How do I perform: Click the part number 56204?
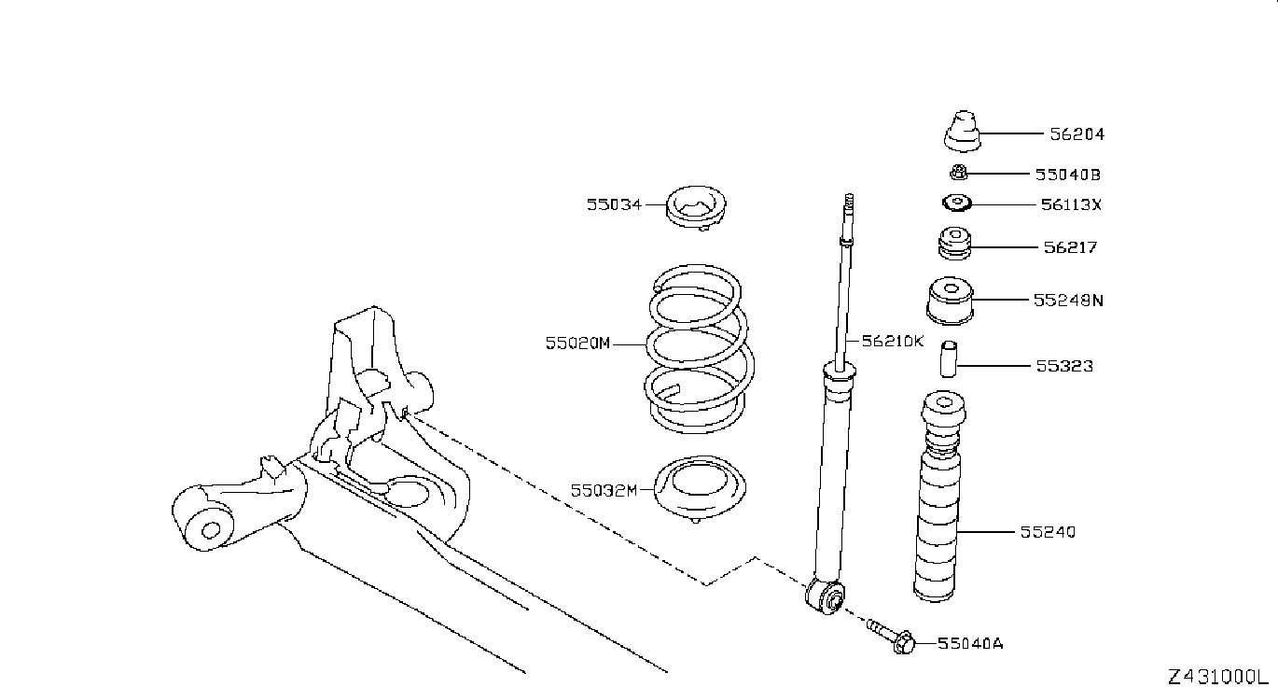(1077, 134)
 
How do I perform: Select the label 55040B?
(1067, 175)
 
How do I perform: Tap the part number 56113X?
(1070, 204)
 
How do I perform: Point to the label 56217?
(1070, 248)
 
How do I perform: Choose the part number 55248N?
(1068, 301)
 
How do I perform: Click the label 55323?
(1063, 367)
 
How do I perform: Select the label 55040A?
(971, 643)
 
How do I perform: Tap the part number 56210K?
(892, 342)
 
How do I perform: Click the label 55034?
(614, 204)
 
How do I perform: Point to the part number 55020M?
(576, 343)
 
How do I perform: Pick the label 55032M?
(604, 490)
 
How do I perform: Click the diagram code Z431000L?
(1217, 676)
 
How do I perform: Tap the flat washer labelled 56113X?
(956, 203)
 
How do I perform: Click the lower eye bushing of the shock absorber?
(824, 596)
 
